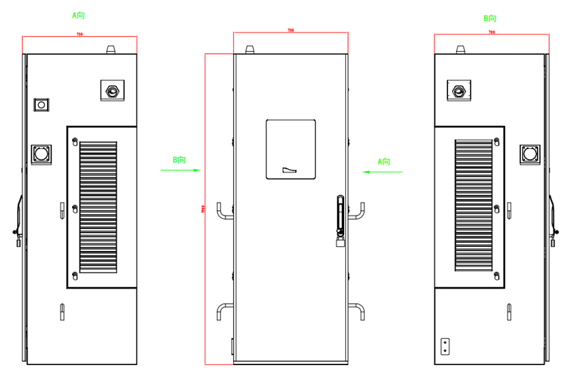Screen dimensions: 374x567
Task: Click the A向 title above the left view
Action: pos(79,14)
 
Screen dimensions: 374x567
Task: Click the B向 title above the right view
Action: pos(489,18)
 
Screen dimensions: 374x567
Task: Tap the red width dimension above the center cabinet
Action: pos(290,32)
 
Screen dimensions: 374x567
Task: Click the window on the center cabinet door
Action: pos(291,149)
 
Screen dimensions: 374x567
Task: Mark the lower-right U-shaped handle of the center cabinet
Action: pos(357,311)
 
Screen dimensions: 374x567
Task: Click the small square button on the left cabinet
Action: pos(41,105)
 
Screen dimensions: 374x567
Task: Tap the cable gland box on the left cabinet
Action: pos(112,89)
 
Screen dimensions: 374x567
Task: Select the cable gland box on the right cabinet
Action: pos(460,89)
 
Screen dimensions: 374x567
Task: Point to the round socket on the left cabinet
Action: pos(41,154)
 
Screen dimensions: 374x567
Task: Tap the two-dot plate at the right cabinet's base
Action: pos(445,346)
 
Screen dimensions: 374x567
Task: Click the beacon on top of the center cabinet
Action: pos(251,49)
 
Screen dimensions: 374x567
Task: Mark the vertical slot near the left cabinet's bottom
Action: pos(62,311)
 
